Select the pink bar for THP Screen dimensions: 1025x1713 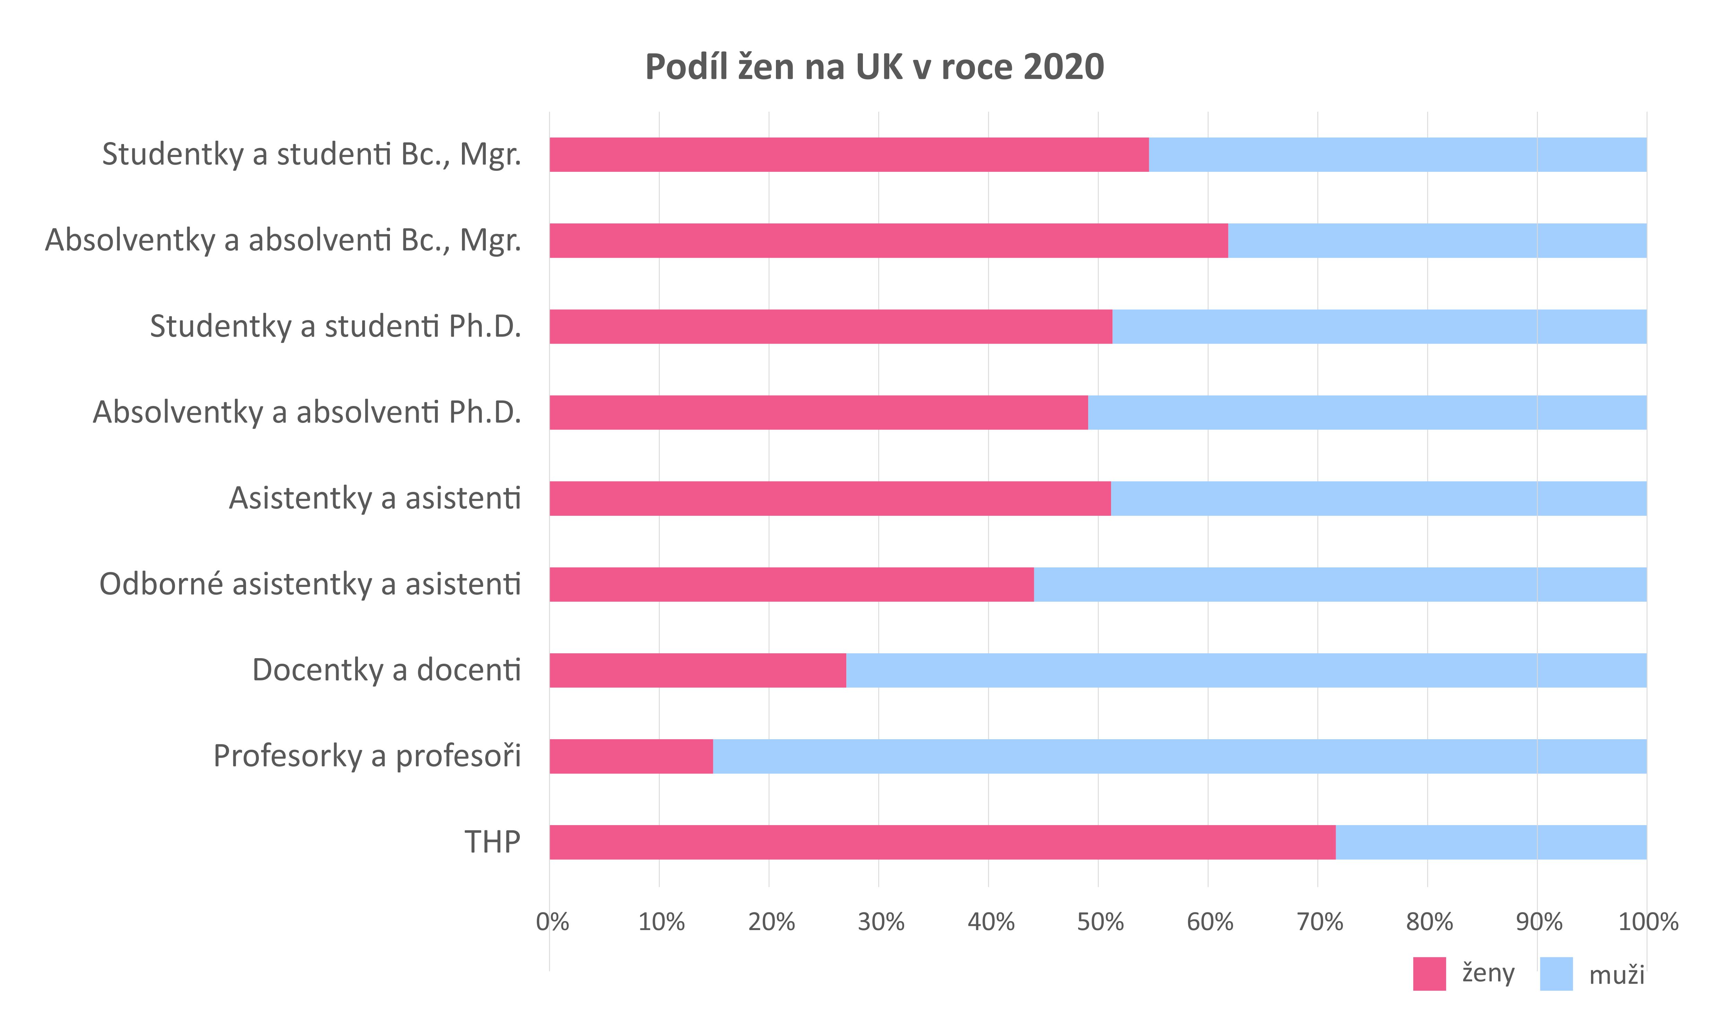click(942, 842)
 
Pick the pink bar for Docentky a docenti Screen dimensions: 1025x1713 click(697, 670)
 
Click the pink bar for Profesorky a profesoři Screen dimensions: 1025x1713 click(631, 756)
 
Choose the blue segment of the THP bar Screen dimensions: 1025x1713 click(1491, 842)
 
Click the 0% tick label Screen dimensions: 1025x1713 click(552, 922)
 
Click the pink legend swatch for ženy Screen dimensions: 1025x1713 click(1429, 974)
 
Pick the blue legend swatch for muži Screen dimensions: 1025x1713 click(1556, 974)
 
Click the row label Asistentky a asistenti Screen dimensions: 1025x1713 click(375, 498)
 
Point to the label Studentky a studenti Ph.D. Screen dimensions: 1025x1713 click(335, 326)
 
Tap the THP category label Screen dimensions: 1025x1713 click(492, 842)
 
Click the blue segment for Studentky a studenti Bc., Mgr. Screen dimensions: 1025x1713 click(1397, 155)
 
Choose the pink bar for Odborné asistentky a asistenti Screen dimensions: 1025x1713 click(791, 584)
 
